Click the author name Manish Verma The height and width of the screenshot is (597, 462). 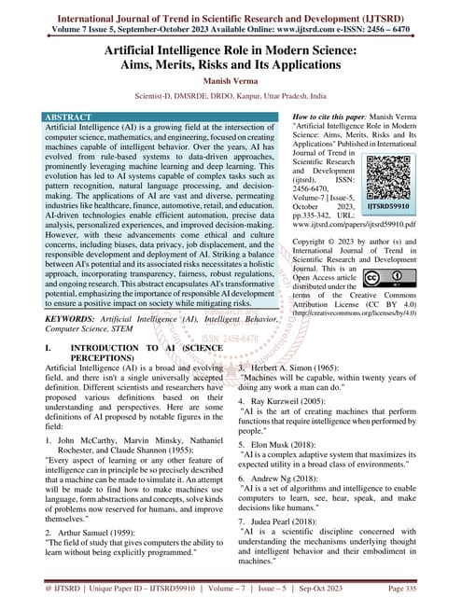pyautogui.click(x=231, y=81)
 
